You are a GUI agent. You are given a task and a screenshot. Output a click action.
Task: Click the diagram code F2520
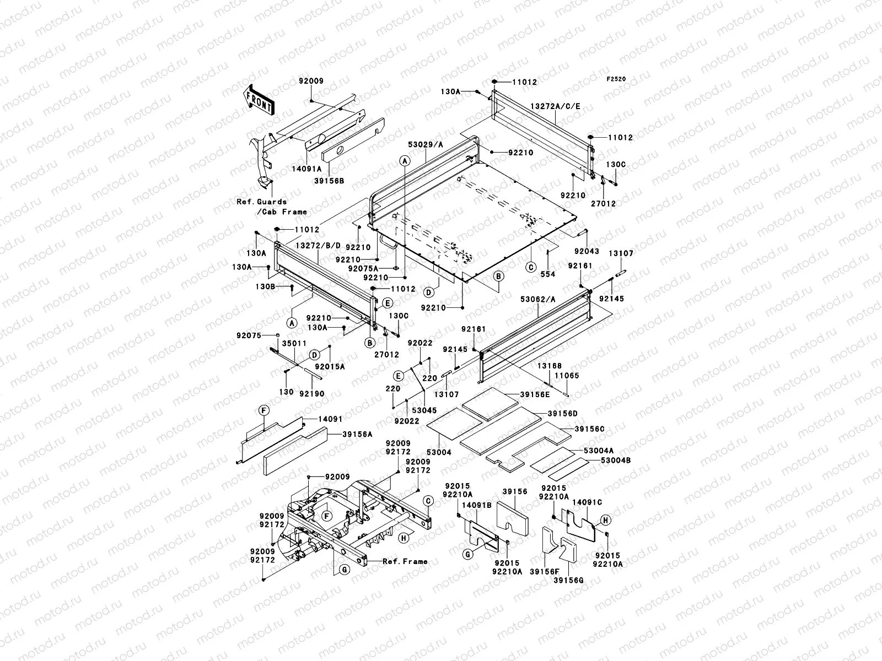click(x=616, y=79)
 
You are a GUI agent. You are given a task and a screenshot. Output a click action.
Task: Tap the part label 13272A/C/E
click(x=555, y=105)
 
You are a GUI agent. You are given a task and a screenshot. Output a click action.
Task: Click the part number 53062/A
click(x=538, y=299)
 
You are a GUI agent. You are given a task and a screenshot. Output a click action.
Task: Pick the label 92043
click(x=586, y=251)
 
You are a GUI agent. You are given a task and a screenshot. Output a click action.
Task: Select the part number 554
click(x=548, y=274)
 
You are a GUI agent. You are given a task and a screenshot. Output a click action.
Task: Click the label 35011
click(x=294, y=343)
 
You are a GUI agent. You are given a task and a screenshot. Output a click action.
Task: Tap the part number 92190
click(x=311, y=394)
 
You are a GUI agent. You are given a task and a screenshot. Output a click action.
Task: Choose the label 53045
click(x=424, y=410)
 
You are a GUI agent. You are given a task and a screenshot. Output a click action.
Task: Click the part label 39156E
click(x=535, y=394)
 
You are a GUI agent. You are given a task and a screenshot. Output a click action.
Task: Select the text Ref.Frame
click(x=405, y=561)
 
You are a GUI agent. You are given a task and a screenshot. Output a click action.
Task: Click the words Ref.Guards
click(x=262, y=202)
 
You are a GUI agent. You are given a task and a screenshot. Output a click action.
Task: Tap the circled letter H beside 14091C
click(x=604, y=519)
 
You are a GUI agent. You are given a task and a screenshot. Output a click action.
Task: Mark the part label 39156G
click(x=568, y=580)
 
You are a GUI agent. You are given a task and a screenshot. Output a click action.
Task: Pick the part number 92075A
click(x=363, y=268)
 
